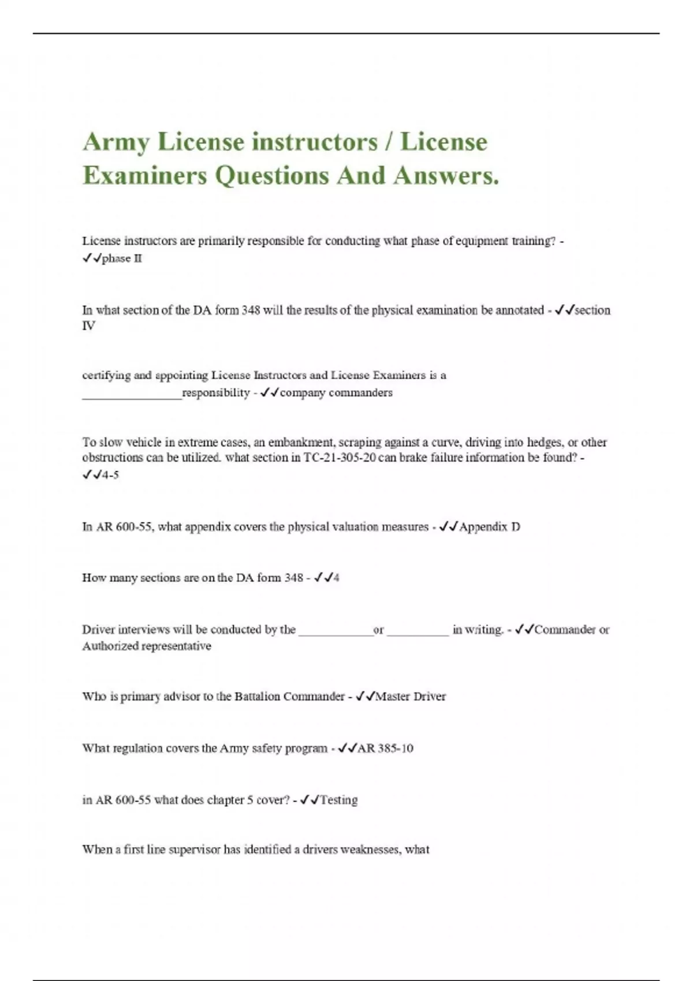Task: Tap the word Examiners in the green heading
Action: tap(144, 175)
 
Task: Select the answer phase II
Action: tap(122, 259)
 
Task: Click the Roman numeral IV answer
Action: tap(89, 325)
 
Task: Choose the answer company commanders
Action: tap(336, 392)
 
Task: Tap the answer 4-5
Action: tap(110, 475)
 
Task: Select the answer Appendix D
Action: tap(489, 527)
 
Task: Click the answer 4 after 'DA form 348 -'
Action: tap(336, 578)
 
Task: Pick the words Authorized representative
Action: tap(147, 646)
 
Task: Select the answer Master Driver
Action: tap(411, 697)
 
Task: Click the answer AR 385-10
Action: tap(385, 748)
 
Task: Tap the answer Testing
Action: tap(339, 800)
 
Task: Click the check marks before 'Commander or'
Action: tap(524, 630)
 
